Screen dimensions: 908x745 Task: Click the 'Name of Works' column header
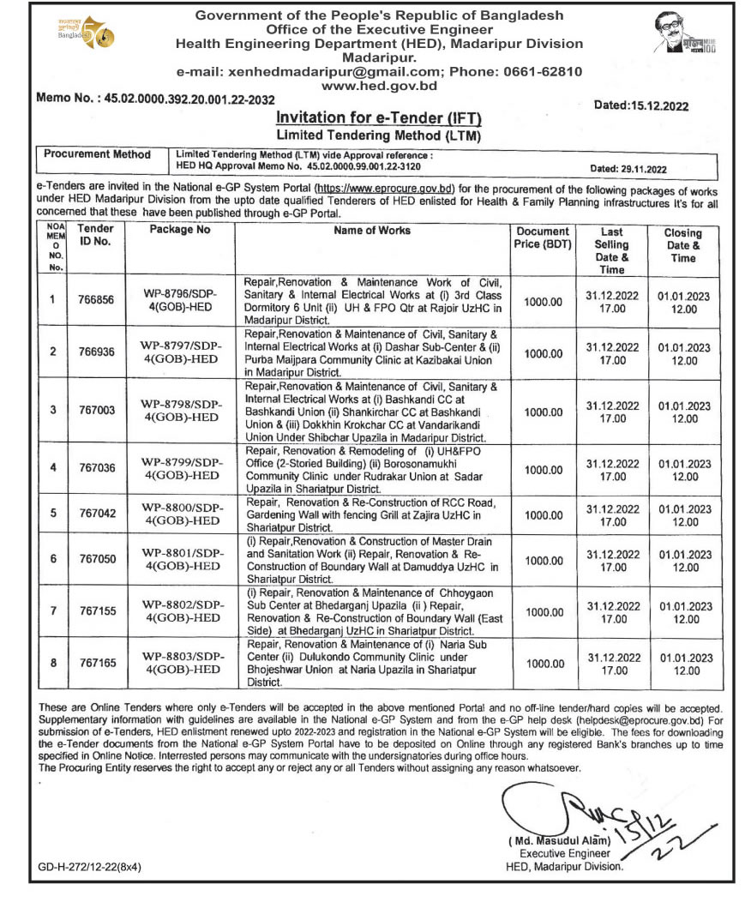(x=372, y=231)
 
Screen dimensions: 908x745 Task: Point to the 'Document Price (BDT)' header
(x=542, y=238)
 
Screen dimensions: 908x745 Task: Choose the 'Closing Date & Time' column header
(x=683, y=245)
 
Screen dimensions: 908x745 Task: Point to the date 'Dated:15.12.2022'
(x=641, y=106)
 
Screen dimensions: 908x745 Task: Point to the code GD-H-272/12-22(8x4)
(x=89, y=867)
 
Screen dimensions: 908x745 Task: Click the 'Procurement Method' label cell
(x=97, y=154)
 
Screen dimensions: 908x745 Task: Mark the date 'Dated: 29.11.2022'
(x=628, y=169)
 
